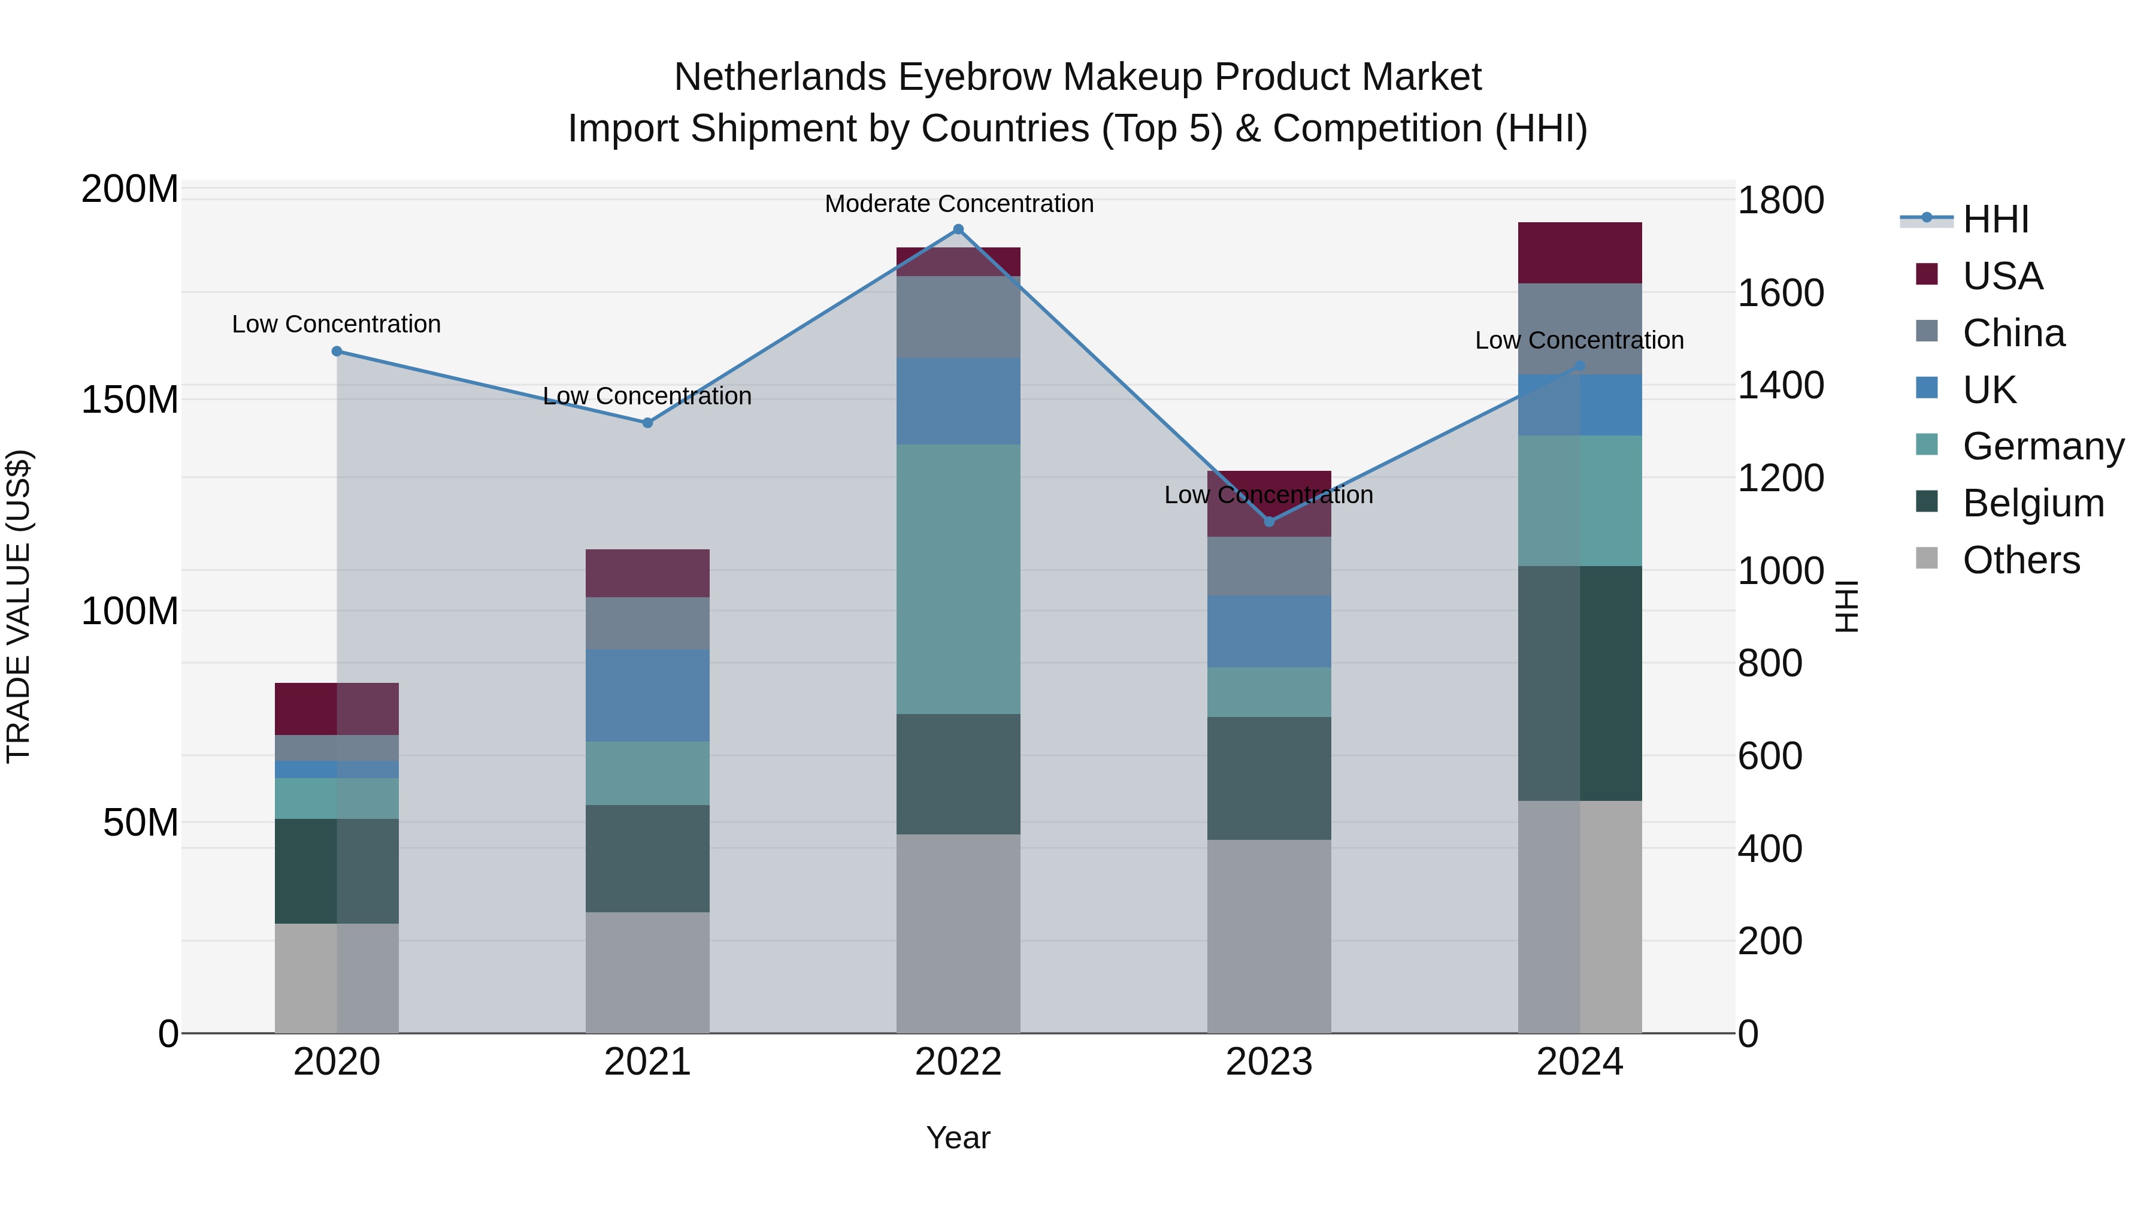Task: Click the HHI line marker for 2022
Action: [x=958, y=229]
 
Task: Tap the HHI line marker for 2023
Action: [x=1269, y=522]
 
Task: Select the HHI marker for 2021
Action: [x=647, y=423]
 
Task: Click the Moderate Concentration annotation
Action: [x=958, y=204]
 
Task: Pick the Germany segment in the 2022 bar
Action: [x=958, y=579]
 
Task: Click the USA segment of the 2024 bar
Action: [x=1579, y=253]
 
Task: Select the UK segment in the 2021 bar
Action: [x=647, y=695]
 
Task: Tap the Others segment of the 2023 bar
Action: [x=1269, y=936]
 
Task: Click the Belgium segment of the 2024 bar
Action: [x=1579, y=683]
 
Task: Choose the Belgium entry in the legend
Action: [x=2032, y=503]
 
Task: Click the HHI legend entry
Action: [x=1995, y=219]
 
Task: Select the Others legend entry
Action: [x=2021, y=560]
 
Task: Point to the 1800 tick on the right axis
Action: [x=1780, y=201]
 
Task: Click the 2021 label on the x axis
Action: [x=647, y=1062]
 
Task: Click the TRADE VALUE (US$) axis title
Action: [x=19, y=606]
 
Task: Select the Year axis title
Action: [x=958, y=1138]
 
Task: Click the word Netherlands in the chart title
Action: [x=779, y=77]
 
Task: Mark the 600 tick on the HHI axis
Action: [x=1769, y=756]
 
